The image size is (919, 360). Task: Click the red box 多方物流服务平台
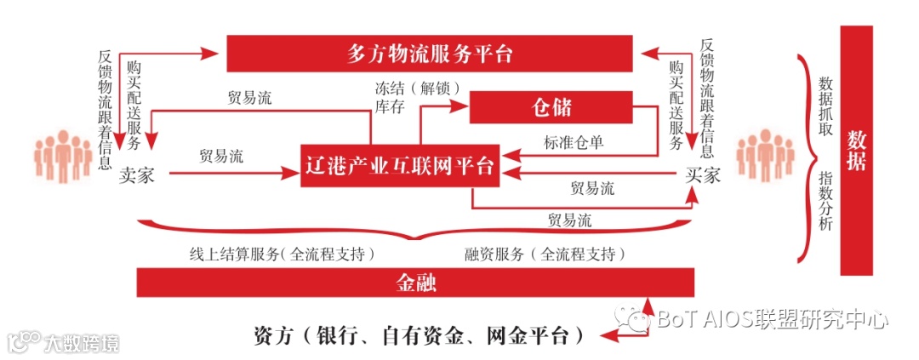pyautogui.click(x=430, y=54)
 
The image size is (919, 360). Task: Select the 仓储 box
pyautogui.click(x=551, y=107)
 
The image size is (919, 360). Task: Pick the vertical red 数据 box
pyautogui.click(x=856, y=151)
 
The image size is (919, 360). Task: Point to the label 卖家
pyautogui.click(x=136, y=175)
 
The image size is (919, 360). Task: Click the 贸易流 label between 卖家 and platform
pyautogui.click(x=220, y=157)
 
